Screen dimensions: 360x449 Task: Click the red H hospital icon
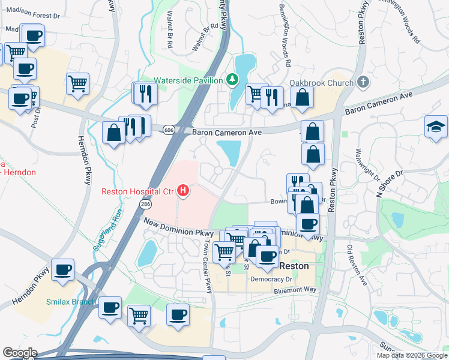[184, 192]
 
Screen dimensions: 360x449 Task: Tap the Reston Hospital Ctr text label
[137, 192]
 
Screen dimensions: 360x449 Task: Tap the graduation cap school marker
[436, 126]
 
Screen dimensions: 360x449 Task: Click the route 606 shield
[170, 130]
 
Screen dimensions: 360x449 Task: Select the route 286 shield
[145, 205]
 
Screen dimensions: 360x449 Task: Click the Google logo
[20, 353]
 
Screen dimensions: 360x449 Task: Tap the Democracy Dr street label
[271, 279]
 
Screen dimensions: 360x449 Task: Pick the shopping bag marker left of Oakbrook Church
[303, 95]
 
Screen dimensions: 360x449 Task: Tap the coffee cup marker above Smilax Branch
[63, 270]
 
